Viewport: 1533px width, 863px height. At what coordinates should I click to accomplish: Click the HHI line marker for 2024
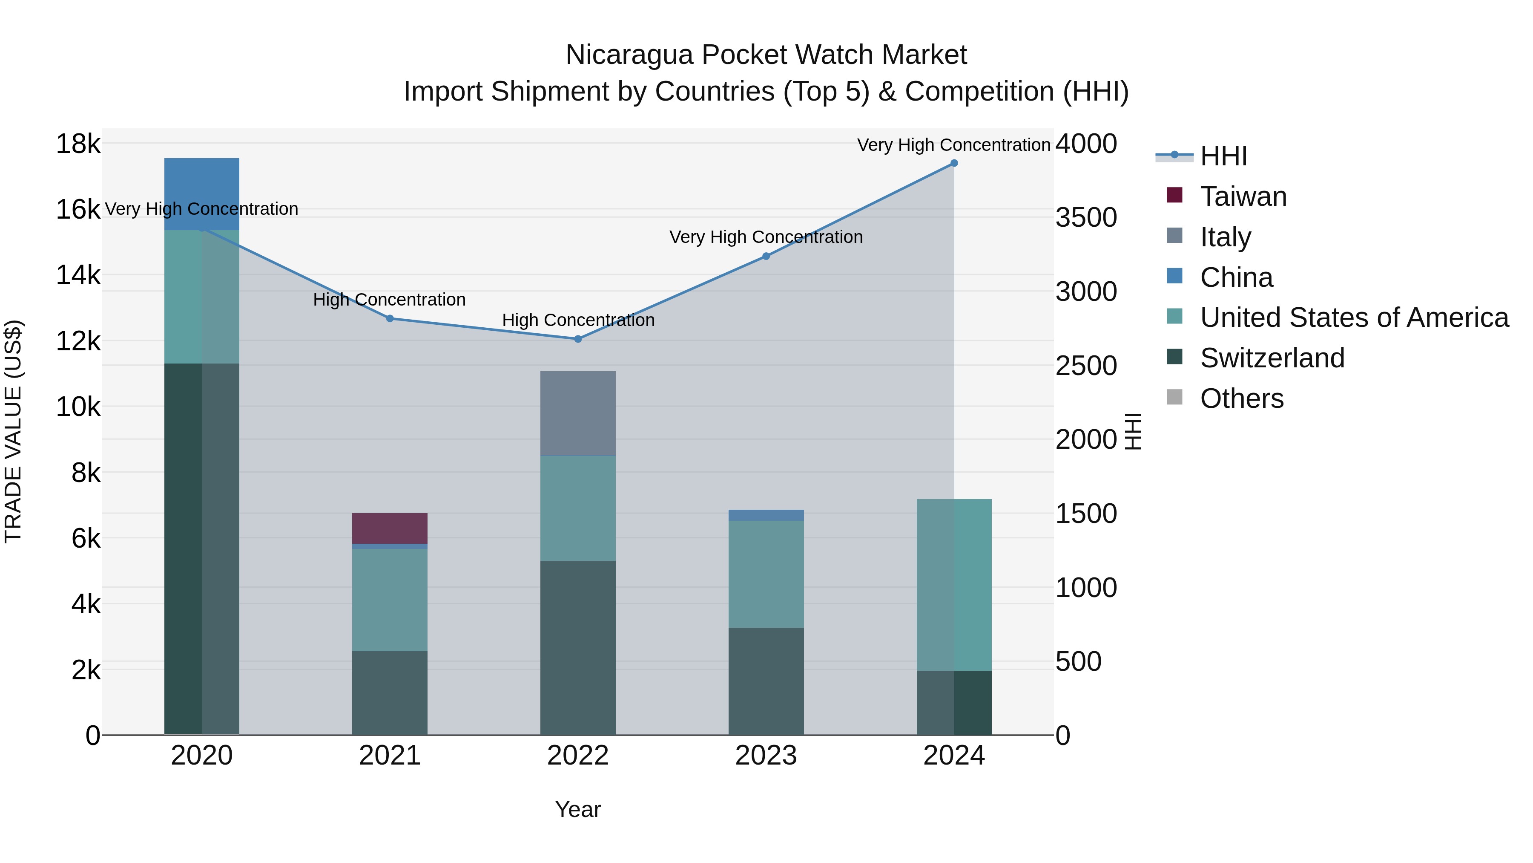click(x=954, y=163)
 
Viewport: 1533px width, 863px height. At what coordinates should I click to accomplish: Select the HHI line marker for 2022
click(x=578, y=339)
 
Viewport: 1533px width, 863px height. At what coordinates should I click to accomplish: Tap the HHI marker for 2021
click(x=390, y=319)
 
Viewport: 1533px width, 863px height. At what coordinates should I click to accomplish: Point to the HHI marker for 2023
click(x=766, y=256)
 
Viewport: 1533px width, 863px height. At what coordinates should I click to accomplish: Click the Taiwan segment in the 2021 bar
click(x=390, y=528)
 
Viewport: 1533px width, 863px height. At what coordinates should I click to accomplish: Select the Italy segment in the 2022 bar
click(x=578, y=413)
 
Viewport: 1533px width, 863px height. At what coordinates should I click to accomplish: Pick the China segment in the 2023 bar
click(x=766, y=515)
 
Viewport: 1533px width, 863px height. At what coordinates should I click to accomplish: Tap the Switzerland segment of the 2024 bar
click(x=954, y=703)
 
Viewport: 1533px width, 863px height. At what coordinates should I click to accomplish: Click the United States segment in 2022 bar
click(x=578, y=508)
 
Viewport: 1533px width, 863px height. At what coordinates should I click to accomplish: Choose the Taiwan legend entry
click(x=1243, y=196)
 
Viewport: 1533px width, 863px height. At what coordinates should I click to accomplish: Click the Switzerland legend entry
click(x=1272, y=358)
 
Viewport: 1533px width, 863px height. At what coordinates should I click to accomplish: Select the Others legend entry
click(x=1241, y=398)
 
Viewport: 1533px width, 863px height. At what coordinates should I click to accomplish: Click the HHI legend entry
click(x=1223, y=156)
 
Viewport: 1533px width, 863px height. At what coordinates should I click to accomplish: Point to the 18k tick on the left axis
click(x=78, y=144)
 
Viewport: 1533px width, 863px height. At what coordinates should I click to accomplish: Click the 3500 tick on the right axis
click(x=1086, y=217)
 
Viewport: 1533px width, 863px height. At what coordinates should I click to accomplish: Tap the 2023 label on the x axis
click(x=766, y=756)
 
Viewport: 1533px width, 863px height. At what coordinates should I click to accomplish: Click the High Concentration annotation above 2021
click(x=389, y=300)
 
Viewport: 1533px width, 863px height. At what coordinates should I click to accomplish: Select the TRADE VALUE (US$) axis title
click(x=14, y=431)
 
